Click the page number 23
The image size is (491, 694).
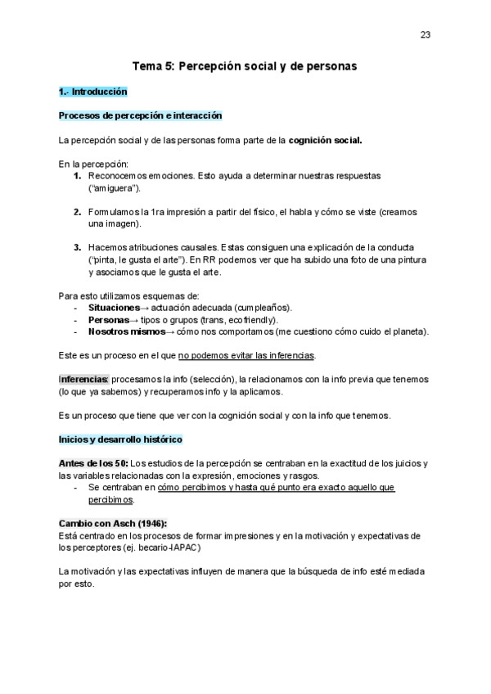(426, 34)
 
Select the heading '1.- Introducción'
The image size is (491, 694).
(92, 92)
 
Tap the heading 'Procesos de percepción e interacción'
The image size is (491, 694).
(140, 115)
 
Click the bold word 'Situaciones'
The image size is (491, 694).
(114, 307)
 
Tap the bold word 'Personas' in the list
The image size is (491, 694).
(108, 319)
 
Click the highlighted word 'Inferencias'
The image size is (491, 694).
(83, 380)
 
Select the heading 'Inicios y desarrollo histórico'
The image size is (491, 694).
(121, 439)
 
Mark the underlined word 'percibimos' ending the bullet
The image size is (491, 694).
(111, 499)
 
